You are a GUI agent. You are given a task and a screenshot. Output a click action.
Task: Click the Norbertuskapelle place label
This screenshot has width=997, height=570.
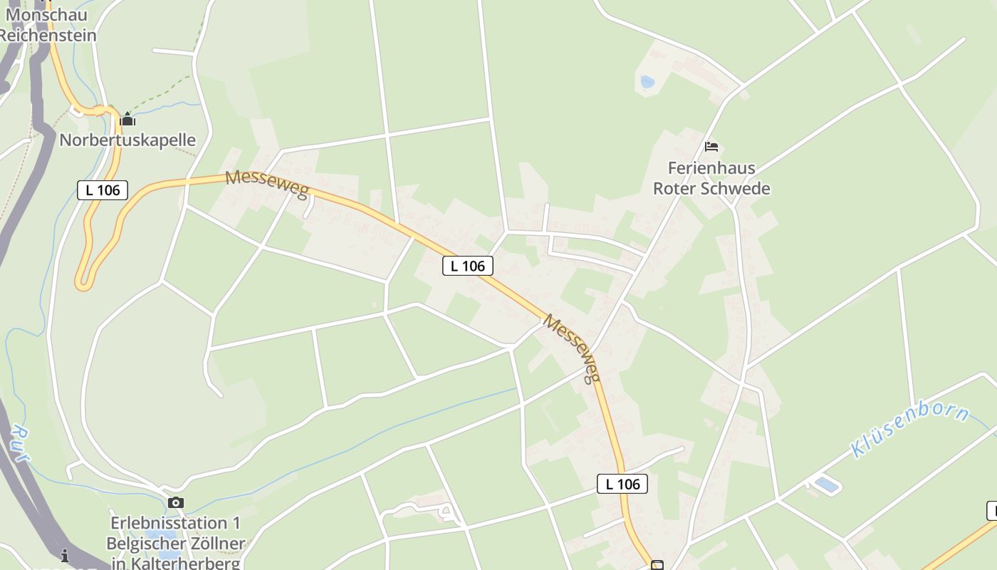pyautogui.click(x=127, y=140)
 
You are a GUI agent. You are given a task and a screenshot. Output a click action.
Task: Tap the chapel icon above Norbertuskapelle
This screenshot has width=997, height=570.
pyautogui.click(x=127, y=119)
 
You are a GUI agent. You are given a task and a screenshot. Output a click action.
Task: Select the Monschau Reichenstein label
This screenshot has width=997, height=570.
pyautogui.click(x=47, y=25)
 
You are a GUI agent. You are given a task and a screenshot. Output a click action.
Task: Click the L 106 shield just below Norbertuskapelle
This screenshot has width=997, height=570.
pyautogui.click(x=103, y=190)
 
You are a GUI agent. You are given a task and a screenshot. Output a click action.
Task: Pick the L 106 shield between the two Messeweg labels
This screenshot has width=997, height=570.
pyautogui.click(x=468, y=266)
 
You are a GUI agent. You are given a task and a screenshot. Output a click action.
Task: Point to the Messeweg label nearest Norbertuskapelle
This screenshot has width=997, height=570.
pyautogui.click(x=267, y=184)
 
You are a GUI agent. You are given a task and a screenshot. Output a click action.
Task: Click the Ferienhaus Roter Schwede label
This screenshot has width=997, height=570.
pyautogui.click(x=711, y=178)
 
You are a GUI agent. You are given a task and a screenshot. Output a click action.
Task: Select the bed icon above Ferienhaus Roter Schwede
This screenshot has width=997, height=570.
pyautogui.click(x=711, y=147)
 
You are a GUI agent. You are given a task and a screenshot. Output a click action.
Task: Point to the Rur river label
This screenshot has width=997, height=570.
pyautogui.click(x=21, y=445)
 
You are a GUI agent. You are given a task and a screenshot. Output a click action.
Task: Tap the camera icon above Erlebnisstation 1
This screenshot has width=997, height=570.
pyautogui.click(x=176, y=503)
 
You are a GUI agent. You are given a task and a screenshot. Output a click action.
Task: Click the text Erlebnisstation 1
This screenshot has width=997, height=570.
pyautogui.click(x=175, y=524)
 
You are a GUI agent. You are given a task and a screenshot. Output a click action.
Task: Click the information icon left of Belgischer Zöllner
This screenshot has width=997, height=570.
pyautogui.click(x=65, y=555)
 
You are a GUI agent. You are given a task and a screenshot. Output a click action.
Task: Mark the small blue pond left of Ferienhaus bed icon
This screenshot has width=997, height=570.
pyautogui.click(x=647, y=82)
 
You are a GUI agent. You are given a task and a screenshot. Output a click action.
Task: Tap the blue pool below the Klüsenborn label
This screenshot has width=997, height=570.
pyautogui.click(x=826, y=485)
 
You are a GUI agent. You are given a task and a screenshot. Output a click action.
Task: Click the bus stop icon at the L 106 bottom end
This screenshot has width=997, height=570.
pyautogui.click(x=657, y=565)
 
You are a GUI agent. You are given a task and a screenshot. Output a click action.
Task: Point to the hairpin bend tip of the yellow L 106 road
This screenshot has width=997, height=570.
pyautogui.click(x=83, y=284)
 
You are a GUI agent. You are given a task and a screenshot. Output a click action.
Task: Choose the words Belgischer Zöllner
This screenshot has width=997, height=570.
pyautogui.click(x=175, y=544)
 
